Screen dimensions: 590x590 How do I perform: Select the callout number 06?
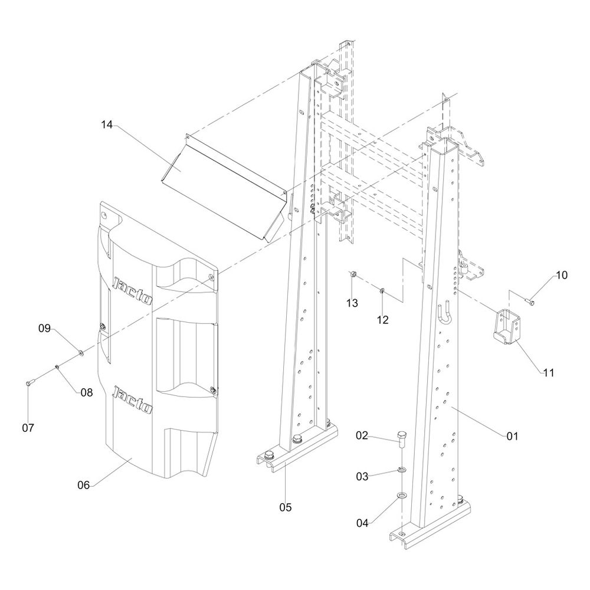point(84,485)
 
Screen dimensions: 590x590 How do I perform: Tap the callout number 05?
point(286,506)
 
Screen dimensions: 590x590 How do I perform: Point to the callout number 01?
point(512,436)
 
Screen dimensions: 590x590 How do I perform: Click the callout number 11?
point(549,373)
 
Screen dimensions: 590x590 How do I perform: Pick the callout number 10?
point(561,275)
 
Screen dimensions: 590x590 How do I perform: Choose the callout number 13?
point(352,303)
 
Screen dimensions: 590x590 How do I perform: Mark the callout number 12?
point(383,320)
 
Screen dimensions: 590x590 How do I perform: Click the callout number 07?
point(28,427)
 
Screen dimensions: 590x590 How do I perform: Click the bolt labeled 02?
point(402,439)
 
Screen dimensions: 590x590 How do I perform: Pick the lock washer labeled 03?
point(401,470)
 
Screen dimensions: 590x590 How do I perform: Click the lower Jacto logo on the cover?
point(133,399)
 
